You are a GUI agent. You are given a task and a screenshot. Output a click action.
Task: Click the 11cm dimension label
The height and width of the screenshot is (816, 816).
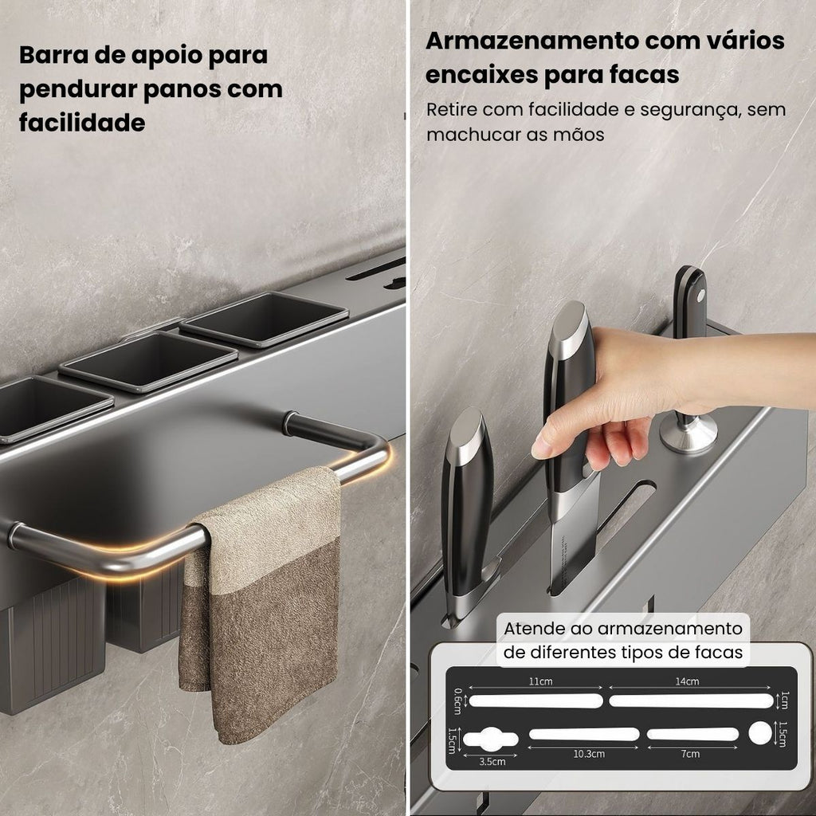tap(540, 681)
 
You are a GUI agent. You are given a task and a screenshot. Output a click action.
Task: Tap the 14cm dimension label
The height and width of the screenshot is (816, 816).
tap(687, 681)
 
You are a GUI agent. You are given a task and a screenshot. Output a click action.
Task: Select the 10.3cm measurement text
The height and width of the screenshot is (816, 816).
tap(589, 754)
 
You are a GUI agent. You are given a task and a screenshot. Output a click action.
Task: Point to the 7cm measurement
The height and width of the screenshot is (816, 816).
tap(690, 754)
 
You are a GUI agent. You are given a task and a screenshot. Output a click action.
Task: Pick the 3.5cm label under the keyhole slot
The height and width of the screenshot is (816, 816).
tap(492, 761)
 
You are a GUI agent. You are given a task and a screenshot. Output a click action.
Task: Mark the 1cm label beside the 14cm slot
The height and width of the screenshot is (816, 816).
tap(785, 700)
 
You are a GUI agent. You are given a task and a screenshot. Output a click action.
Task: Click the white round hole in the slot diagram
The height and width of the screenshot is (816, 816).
tap(760, 733)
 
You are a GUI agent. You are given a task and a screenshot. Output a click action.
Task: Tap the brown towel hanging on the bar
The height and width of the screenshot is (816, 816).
tap(261, 598)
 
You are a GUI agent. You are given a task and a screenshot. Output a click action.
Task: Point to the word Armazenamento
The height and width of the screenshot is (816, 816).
tap(531, 41)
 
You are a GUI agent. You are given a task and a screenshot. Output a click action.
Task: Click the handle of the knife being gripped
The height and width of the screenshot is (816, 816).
tap(568, 395)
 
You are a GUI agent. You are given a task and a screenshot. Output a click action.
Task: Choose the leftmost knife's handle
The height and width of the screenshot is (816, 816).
tap(467, 500)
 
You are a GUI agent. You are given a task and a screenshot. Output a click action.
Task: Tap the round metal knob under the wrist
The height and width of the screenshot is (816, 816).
tap(688, 433)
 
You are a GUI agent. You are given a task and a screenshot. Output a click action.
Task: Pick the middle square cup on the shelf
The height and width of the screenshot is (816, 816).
tap(149, 361)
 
